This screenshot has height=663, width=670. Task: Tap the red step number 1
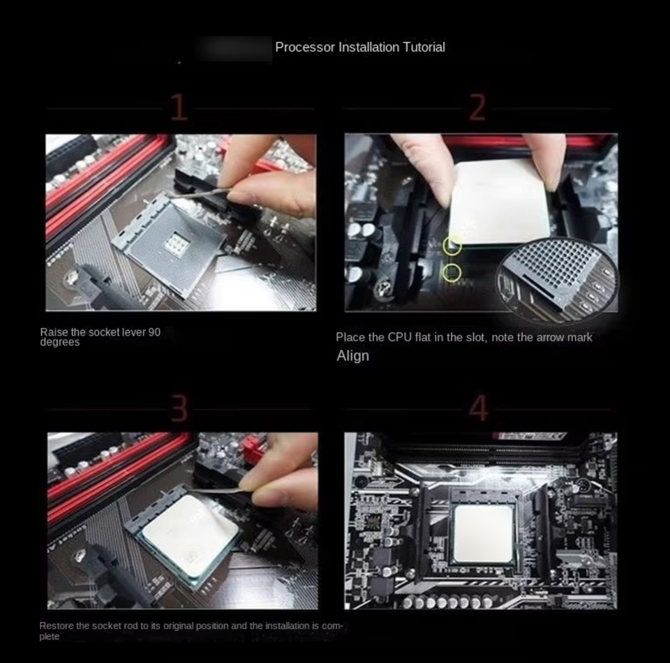point(179,107)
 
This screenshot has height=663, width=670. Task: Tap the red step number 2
point(477,107)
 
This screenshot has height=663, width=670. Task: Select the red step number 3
point(179,408)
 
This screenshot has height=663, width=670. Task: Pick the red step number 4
point(479,408)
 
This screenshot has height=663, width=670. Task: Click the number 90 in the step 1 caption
point(154,332)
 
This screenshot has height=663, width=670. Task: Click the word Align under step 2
point(353,355)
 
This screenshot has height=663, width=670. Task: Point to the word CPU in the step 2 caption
point(399,337)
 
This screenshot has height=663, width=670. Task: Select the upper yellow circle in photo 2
point(452,246)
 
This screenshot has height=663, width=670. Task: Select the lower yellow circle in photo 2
point(452,273)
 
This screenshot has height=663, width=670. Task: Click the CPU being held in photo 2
point(499,203)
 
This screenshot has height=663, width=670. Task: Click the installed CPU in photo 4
point(483,534)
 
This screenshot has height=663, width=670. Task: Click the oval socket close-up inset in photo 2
point(558,278)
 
